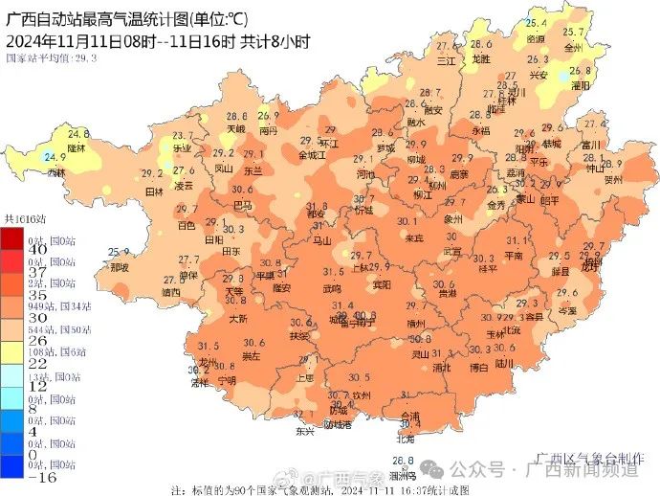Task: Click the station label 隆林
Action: point(77,148)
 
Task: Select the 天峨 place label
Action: point(235,128)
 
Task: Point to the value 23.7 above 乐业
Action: point(183,136)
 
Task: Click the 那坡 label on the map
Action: point(119,268)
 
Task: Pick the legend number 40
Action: point(12,249)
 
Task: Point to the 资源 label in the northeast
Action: point(537,38)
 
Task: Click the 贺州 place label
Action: point(613,178)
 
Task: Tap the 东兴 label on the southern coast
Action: point(305,432)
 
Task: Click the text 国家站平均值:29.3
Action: point(52,57)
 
